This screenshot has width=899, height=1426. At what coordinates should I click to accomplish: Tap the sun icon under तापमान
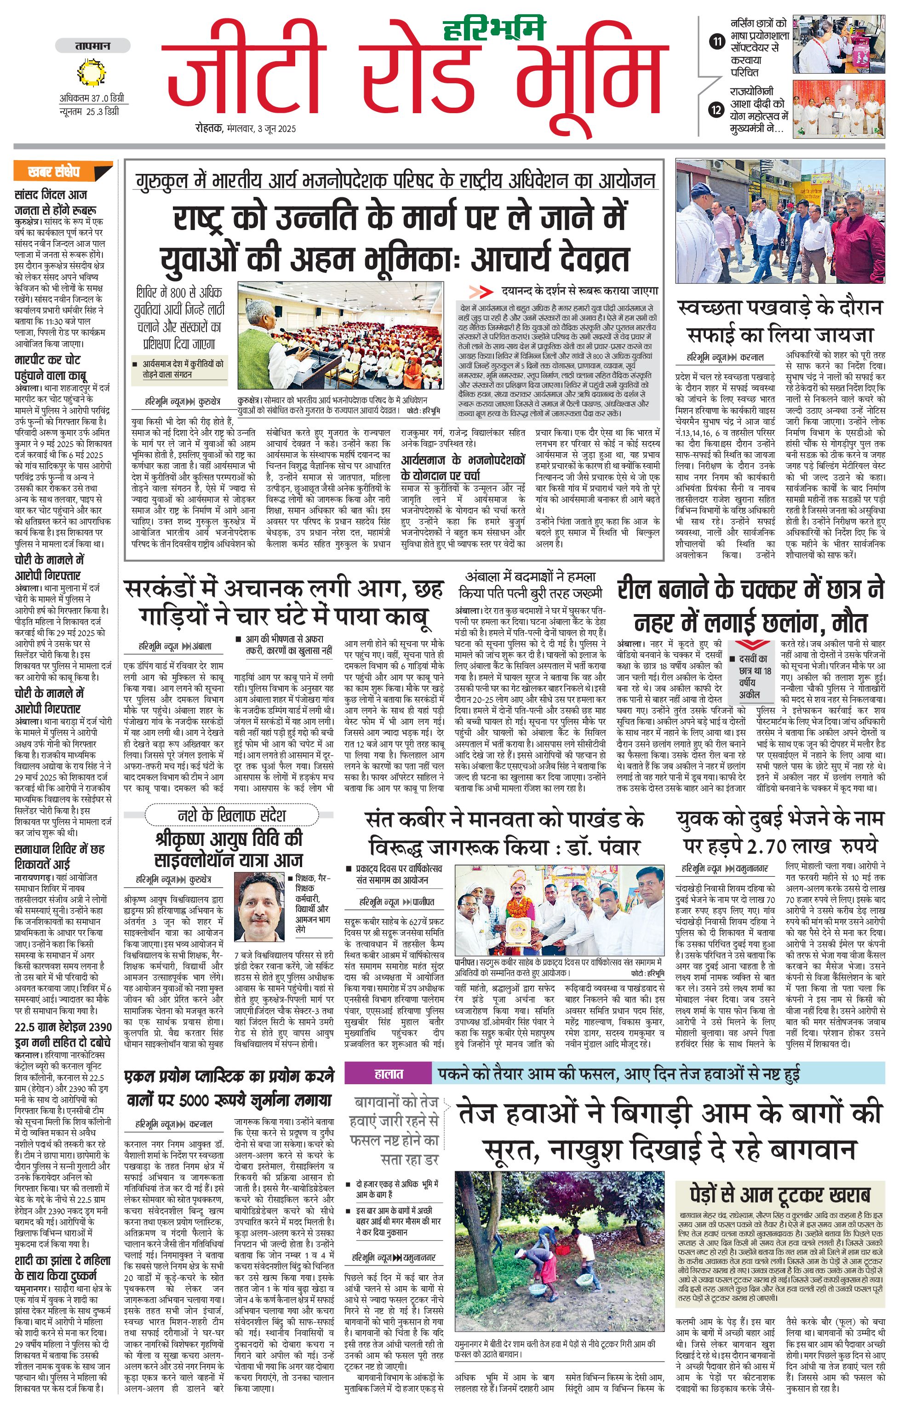[x=91, y=73]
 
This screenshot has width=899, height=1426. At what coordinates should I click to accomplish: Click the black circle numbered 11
[x=717, y=41]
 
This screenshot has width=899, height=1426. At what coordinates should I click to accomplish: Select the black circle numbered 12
[x=717, y=109]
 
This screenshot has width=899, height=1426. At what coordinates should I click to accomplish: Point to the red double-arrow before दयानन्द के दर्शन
[x=481, y=291]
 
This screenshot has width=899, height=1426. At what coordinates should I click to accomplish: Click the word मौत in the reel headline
[x=849, y=624]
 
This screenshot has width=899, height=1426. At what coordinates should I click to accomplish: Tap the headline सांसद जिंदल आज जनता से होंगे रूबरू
[x=56, y=202]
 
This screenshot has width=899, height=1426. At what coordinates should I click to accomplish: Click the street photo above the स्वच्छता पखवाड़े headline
[x=780, y=221]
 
